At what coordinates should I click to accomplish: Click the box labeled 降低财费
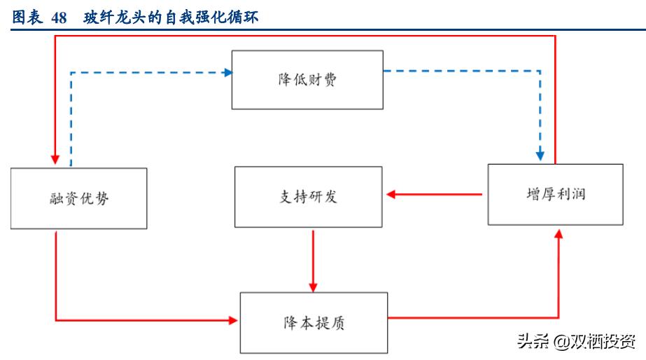tap(307, 79)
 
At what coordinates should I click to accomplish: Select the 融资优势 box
tap(79, 198)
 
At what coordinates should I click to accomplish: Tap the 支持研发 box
tap(308, 197)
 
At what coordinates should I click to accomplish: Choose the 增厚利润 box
tap(555, 194)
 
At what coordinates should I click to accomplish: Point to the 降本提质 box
tap(313, 322)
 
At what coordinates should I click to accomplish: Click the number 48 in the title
tap(59, 18)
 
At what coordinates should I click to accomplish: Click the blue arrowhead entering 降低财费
tap(227, 72)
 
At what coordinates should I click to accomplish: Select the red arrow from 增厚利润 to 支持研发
tap(435, 194)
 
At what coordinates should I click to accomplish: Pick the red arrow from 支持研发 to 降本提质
tap(313, 259)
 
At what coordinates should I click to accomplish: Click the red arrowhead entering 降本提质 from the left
tap(233, 321)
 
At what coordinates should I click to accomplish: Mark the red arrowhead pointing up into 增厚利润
tap(559, 233)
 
